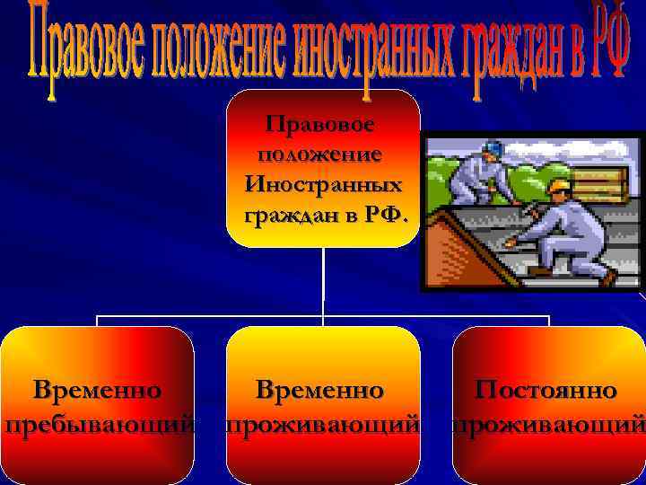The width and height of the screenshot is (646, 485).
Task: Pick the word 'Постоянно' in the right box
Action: point(546,391)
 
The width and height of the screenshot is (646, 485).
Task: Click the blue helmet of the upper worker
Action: point(492,148)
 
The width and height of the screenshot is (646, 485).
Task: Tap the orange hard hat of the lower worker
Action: point(560,187)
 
